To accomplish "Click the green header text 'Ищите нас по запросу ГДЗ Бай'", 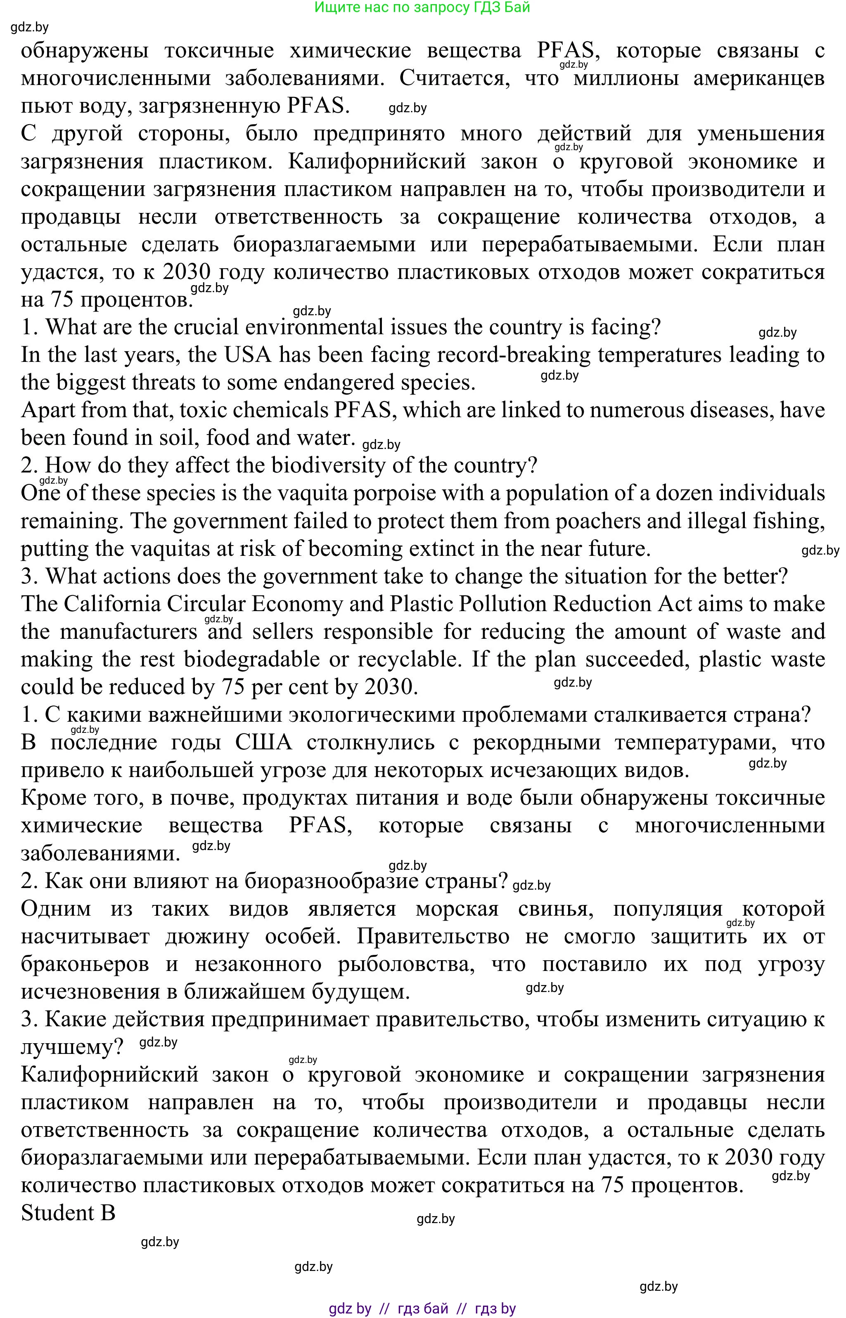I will pyautogui.click(x=422, y=8).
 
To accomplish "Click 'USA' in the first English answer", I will pyautogui.click(x=248, y=354).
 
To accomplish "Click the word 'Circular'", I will pyautogui.click(x=206, y=604).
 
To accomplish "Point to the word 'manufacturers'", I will pyautogui.click(x=128, y=631).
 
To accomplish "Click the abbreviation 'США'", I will pyautogui.click(x=264, y=742).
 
